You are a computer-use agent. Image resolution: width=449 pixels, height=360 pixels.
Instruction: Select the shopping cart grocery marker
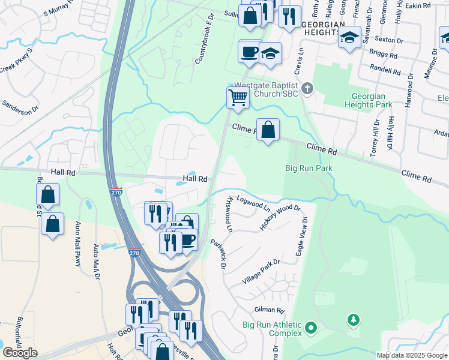click(x=238, y=98)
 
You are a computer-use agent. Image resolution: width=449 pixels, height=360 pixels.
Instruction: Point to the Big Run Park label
click(x=309, y=169)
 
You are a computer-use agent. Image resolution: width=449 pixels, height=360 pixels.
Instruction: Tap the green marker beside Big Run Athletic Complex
click(x=310, y=328)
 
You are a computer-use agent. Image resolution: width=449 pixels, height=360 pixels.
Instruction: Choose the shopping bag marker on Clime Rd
click(x=268, y=130)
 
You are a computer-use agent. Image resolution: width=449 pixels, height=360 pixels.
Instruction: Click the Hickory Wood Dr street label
click(x=279, y=217)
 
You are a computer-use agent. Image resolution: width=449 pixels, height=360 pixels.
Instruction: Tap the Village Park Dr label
click(x=261, y=272)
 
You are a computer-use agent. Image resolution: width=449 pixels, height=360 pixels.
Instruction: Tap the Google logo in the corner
click(x=19, y=352)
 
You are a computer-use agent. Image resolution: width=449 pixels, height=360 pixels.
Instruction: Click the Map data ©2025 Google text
click(x=411, y=355)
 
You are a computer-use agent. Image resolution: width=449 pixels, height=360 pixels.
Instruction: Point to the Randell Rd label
click(x=384, y=70)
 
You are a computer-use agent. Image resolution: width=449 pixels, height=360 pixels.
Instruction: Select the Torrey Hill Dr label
click(x=376, y=134)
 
